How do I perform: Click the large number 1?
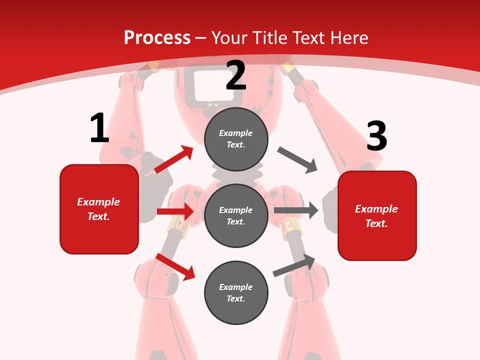pos(99,128)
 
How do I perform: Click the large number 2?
pos(236,76)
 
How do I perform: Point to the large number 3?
pos(376,136)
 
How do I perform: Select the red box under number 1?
pos(99,209)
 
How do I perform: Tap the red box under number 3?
pos(377,216)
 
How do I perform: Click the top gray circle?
pos(236,139)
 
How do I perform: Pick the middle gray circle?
pos(236,215)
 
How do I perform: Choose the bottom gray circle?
pos(236,292)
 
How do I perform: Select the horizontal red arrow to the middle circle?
pos(175,211)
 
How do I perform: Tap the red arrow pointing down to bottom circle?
pos(175,266)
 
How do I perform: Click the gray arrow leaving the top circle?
pos(297,160)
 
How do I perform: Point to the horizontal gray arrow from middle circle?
pos(296,210)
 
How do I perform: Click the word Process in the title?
pos(157,38)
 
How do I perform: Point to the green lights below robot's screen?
pos(213,104)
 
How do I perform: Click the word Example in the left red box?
pos(98,202)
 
